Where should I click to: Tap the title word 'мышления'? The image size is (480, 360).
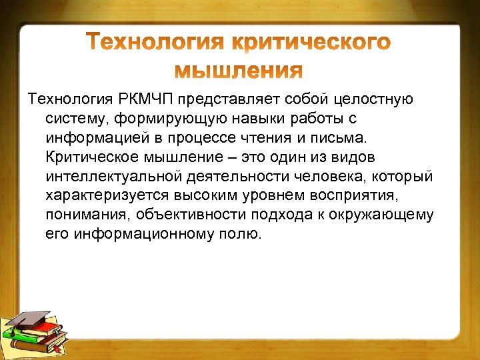pos(239,70)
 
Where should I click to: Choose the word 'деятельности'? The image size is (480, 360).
pos(247,177)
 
